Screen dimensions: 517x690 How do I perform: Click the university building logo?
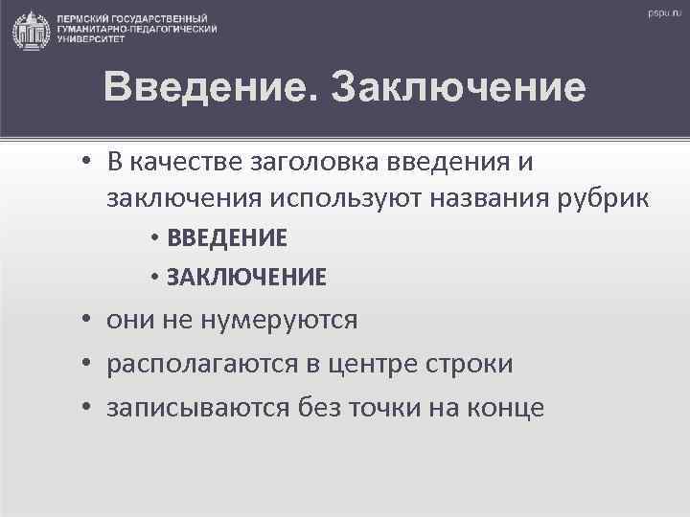(x=32, y=31)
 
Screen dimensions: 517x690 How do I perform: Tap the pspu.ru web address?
(x=661, y=14)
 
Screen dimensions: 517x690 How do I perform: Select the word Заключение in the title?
(x=457, y=88)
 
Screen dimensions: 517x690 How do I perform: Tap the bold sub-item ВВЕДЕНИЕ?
(x=226, y=237)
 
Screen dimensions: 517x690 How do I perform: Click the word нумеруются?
(x=278, y=320)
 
